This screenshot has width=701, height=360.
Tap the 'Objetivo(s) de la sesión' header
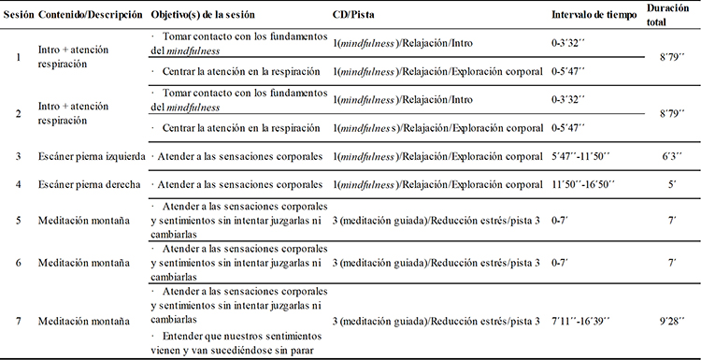pos(201,17)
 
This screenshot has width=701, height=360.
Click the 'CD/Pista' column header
pos(353,17)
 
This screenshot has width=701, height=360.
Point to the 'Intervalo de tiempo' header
pos(593,17)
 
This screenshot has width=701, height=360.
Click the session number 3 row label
pos(19,155)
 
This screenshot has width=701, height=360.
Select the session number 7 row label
pos(19,322)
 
